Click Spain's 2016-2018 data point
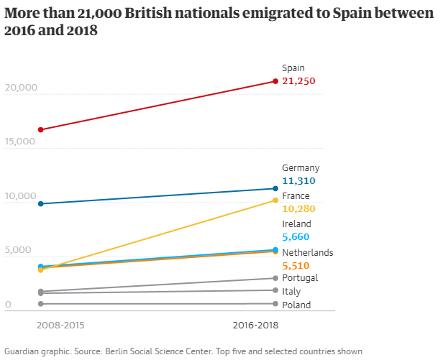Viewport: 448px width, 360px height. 275,81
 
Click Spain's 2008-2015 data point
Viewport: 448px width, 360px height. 41,130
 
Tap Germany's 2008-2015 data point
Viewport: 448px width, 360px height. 41,204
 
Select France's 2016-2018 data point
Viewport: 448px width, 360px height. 275,200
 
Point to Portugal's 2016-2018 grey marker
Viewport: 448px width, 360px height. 275,278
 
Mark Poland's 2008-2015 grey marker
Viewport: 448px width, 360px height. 41,304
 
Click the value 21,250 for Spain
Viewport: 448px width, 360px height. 298,81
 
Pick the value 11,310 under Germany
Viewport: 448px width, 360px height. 298,181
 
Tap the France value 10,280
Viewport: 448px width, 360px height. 299,208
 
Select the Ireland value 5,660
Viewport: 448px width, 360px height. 296,236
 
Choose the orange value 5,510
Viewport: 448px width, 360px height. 296,265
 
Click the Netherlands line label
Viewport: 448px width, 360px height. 308,253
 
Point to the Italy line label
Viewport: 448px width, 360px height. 291,292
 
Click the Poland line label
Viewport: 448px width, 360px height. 296,305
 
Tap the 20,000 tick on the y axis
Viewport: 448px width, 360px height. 20,88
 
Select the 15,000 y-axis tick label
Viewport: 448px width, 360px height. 20,142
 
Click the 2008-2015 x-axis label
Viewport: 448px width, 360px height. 60,326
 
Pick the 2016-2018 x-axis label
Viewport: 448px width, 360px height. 256,326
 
